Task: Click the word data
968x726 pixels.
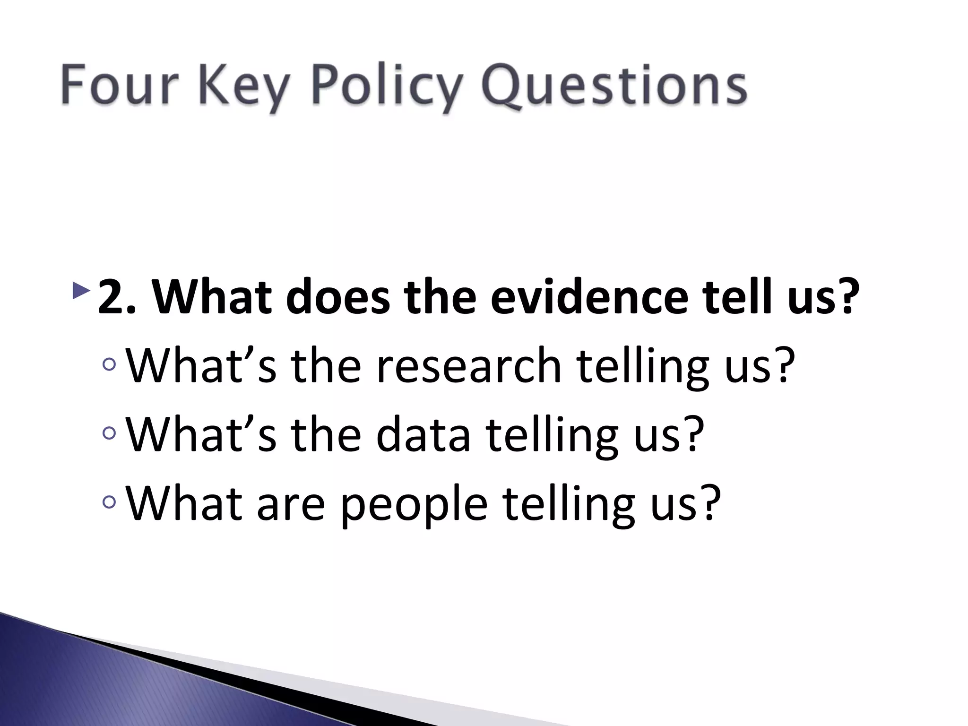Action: pos(423,434)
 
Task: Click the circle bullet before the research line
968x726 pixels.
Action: pos(109,364)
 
